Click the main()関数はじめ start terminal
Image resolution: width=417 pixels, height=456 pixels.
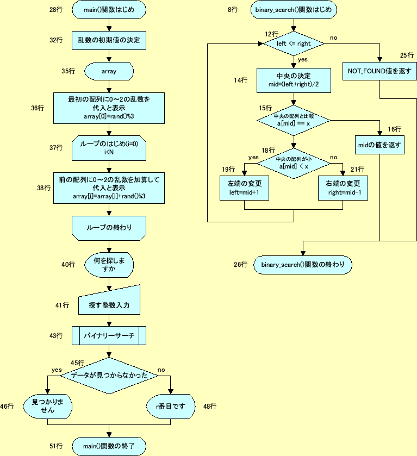(109, 10)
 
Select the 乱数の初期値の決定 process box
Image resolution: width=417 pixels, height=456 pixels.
(109, 40)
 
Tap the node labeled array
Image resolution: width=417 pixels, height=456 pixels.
(109, 71)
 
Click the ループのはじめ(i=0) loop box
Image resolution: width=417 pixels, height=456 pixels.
(109, 148)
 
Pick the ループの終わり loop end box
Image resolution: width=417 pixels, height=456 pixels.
(109, 227)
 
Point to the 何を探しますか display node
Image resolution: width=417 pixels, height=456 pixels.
(109, 265)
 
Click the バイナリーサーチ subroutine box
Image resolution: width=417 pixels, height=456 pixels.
(109, 335)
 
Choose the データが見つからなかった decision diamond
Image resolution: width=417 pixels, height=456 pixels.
(109, 376)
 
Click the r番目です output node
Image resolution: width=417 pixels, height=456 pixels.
(171, 406)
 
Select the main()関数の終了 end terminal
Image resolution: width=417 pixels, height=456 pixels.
(109, 446)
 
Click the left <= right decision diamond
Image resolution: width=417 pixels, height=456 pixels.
(294, 43)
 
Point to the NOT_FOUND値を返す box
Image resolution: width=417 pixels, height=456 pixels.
(379, 71)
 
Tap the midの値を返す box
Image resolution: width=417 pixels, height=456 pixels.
(379, 145)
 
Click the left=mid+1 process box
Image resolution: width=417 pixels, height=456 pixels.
(245, 188)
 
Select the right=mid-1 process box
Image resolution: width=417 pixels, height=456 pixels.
(343, 188)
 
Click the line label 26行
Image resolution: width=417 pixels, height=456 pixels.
(240, 265)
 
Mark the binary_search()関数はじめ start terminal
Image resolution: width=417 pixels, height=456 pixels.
(294, 10)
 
